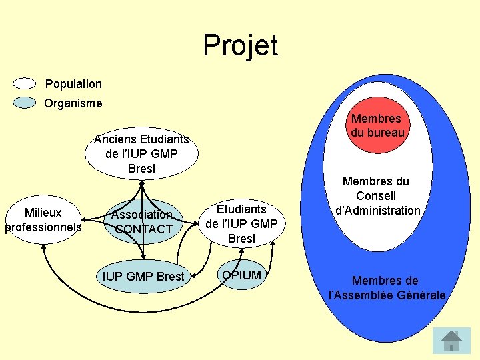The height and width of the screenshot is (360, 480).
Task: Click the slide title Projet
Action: coord(240,45)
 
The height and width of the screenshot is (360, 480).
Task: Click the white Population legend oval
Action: coord(25,84)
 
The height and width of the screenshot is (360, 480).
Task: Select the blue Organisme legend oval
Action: coord(25,103)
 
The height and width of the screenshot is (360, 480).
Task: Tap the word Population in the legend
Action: coord(73,84)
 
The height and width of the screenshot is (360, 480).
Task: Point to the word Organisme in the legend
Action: coord(73,103)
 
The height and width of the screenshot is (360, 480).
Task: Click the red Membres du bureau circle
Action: coord(377,126)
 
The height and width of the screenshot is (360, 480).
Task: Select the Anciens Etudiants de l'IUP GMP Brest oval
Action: coord(141,154)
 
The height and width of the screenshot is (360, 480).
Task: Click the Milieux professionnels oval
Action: coord(43,220)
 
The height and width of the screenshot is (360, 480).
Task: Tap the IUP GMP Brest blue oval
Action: coord(143,276)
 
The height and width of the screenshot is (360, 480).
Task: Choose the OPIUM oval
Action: coord(242,275)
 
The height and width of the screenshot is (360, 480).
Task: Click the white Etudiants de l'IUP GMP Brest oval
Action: coord(241,223)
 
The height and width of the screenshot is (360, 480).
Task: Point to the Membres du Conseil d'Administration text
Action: coord(377,196)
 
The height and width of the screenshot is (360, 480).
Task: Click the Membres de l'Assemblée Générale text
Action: coord(387,288)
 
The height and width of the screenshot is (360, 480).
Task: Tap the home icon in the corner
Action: coord(451,340)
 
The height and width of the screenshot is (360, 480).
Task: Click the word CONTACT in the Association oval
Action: coord(143,229)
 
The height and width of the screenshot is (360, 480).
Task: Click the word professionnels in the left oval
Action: coord(43,227)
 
